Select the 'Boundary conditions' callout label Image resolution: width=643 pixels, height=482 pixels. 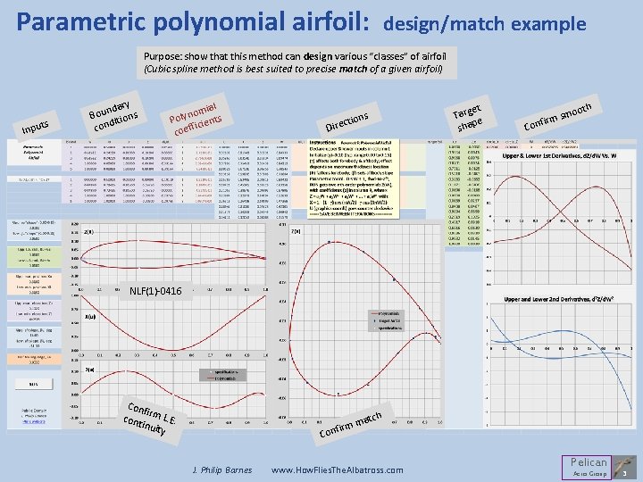pos(113,110)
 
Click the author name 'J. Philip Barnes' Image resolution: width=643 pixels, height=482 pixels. pos(222,470)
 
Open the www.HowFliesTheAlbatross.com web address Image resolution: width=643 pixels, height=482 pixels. pos(337,470)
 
